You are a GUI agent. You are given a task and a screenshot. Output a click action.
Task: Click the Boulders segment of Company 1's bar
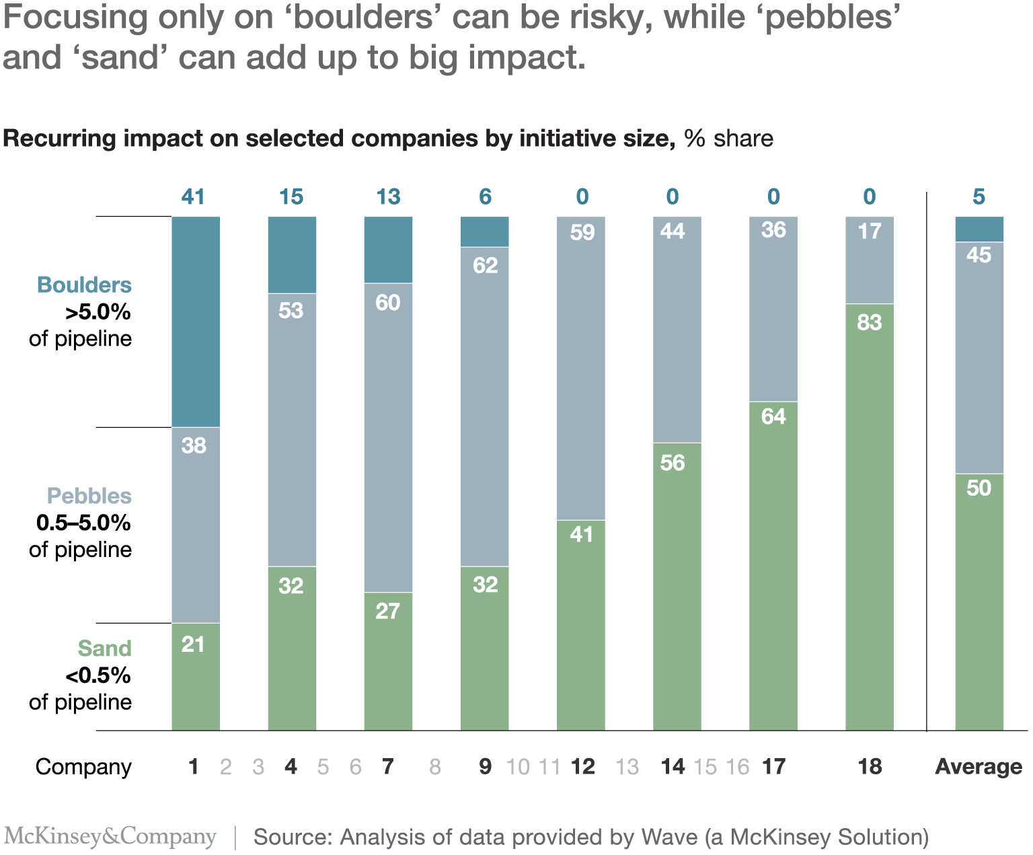tap(196, 322)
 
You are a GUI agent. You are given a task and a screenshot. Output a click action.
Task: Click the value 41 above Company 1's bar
tap(193, 196)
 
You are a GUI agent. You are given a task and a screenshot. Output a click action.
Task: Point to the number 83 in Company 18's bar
tap(870, 323)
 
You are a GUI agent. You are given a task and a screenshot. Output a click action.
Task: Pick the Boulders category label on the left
tap(84, 285)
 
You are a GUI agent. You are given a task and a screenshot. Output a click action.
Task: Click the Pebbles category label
tap(89, 496)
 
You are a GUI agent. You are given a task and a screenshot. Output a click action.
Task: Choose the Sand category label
tap(104, 648)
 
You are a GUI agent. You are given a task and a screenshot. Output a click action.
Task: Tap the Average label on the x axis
tap(979, 766)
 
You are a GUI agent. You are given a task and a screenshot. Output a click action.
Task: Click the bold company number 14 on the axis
tap(673, 766)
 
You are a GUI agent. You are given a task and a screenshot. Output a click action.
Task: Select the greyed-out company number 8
tap(435, 766)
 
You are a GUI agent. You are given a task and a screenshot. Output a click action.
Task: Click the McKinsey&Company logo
tap(110, 836)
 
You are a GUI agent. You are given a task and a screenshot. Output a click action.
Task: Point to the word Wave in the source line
tap(670, 837)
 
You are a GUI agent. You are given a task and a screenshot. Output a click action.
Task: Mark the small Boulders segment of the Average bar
tap(979, 229)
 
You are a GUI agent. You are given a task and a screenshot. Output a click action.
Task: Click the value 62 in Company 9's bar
tap(485, 266)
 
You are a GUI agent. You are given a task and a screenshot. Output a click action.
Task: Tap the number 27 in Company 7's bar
tap(387, 611)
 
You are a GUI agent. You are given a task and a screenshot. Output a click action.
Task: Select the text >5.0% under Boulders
tap(98, 312)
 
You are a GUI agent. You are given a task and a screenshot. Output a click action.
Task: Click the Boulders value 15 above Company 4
tap(291, 196)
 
